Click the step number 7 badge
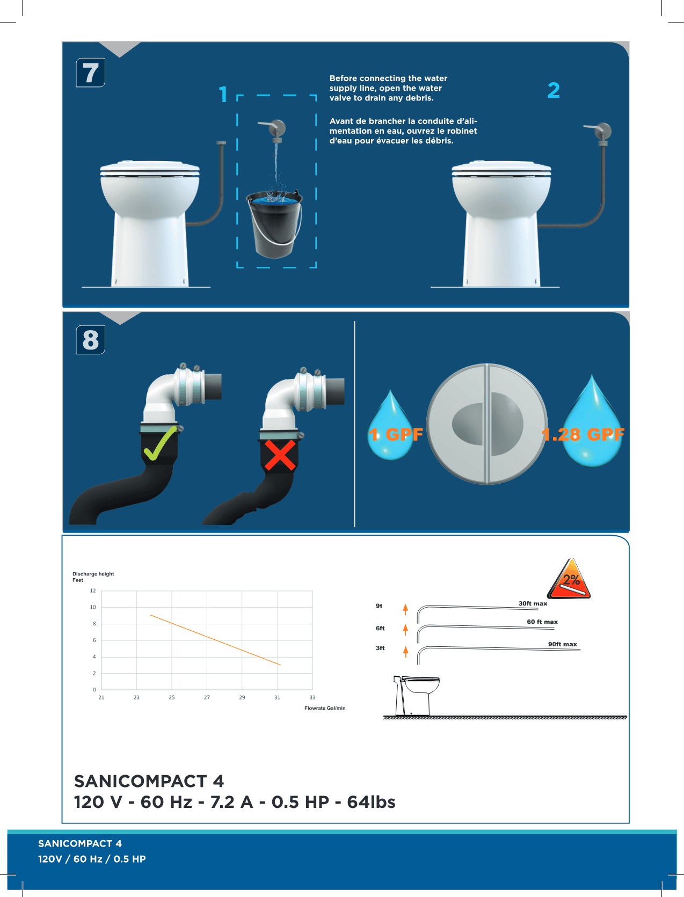point(90,73)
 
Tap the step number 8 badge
point(90,340)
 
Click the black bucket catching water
point(274,224)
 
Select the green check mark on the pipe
point(160,443)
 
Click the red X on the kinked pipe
point(280,455)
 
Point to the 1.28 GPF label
point(583,434)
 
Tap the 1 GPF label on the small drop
point(396,434)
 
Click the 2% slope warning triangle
point(569,579)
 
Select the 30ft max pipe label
point(533,603)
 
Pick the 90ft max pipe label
point(563,645)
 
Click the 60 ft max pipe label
point(542,622)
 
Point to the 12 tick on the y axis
point(93,591)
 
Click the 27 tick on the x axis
point(207,697)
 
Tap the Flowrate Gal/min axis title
point(325,708)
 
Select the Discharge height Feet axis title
point(93,577)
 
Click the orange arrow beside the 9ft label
point(405,609)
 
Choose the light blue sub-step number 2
point(554,90)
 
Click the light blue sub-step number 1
point(223,94)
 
